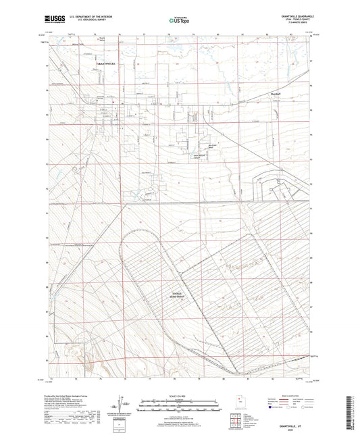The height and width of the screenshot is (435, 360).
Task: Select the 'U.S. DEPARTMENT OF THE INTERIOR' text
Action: coord(89,16)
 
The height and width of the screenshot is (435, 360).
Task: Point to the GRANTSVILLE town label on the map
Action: coord(105,63)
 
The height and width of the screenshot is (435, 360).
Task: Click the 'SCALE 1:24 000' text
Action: coord(179,396)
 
